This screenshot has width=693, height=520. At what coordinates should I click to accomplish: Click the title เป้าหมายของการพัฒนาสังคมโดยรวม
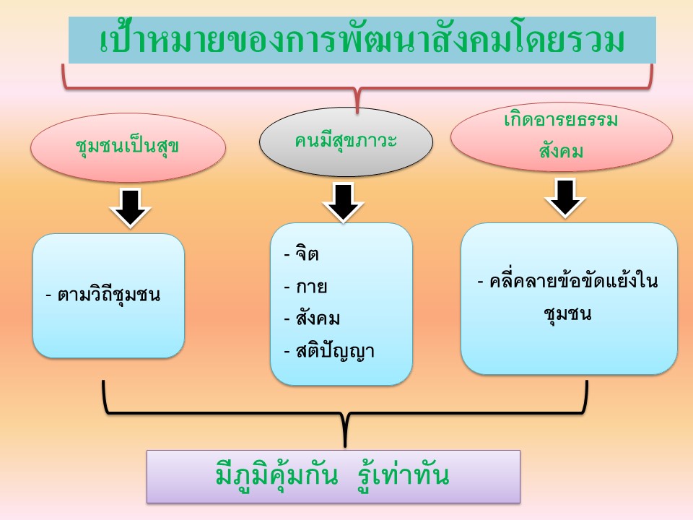tap(362, 40)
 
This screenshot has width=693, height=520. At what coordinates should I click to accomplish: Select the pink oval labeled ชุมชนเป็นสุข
tap(128, 147)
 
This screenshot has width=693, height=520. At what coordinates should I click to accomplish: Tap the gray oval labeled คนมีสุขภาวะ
tap(346, 142)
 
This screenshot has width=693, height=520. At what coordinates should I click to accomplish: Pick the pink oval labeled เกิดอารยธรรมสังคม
tap(562, 136)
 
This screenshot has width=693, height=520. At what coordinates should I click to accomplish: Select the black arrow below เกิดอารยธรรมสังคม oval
tap(565, 198)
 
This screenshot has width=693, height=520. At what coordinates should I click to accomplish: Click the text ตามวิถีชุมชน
tap(109, 295)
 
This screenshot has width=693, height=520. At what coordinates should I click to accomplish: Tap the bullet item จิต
tap(308, 253)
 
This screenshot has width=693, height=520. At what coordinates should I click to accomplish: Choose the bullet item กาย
tap(312, 287)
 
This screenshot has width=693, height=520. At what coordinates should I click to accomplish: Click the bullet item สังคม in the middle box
tap(318, 318)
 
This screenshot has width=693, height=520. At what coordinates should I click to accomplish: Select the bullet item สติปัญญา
tap(335, 352)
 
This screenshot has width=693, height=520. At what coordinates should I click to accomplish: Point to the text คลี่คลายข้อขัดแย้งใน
tap(573, 281)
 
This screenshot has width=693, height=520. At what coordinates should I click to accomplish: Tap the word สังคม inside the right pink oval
tap(561, 151)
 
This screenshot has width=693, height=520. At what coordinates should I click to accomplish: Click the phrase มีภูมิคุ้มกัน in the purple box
tap(277, 475)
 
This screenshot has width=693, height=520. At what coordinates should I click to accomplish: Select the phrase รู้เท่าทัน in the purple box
tap(404, 475)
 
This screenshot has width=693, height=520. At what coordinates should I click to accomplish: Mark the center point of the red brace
tap(357, 89)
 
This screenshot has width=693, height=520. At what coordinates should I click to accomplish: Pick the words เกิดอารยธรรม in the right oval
tap(561, 120)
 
